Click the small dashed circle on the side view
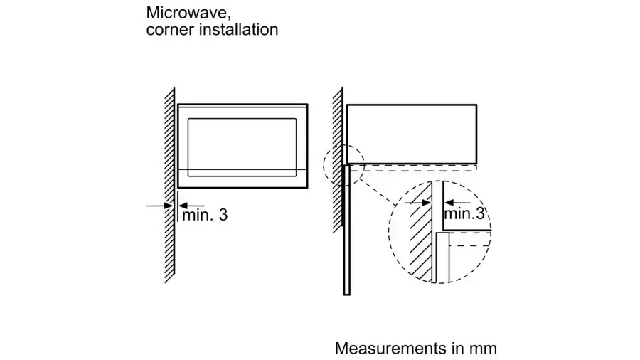(x=343, y=164)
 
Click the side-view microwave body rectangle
(x=411, y=132)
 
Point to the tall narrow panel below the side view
(x=346, y=235)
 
